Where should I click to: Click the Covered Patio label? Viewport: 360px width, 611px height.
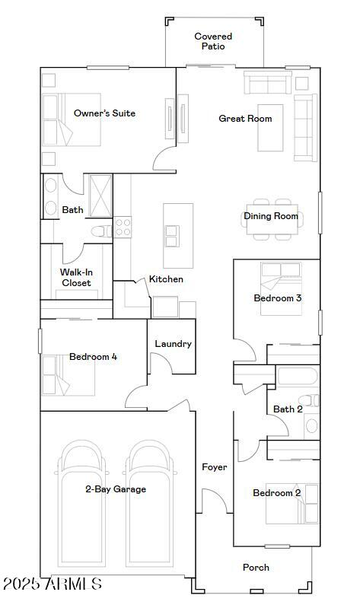(213, 41)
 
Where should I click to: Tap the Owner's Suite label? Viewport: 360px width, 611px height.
(104, 113)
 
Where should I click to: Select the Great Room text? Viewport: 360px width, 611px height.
(245, 119)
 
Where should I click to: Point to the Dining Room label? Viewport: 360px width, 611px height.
(271, 216)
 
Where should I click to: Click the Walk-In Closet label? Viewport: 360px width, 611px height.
(75, 278)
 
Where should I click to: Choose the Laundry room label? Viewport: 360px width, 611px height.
(173, 344)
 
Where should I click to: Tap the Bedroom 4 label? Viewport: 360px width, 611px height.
(93, 357)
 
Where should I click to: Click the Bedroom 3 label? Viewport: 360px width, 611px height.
(278, 298)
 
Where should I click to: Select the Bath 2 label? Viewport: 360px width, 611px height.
(288, 409)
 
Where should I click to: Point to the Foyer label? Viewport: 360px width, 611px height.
(214, 467)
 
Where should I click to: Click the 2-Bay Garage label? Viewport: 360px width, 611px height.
(116, 489)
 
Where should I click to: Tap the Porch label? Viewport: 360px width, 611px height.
(256, 567)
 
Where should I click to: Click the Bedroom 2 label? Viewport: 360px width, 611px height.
(276, 493)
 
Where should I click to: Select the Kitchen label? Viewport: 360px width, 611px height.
(166, 279)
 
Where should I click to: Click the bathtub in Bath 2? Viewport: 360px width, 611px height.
(298, 377)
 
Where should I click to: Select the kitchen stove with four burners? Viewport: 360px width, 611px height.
(123, 227)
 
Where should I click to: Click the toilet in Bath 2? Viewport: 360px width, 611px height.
(306, 401)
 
